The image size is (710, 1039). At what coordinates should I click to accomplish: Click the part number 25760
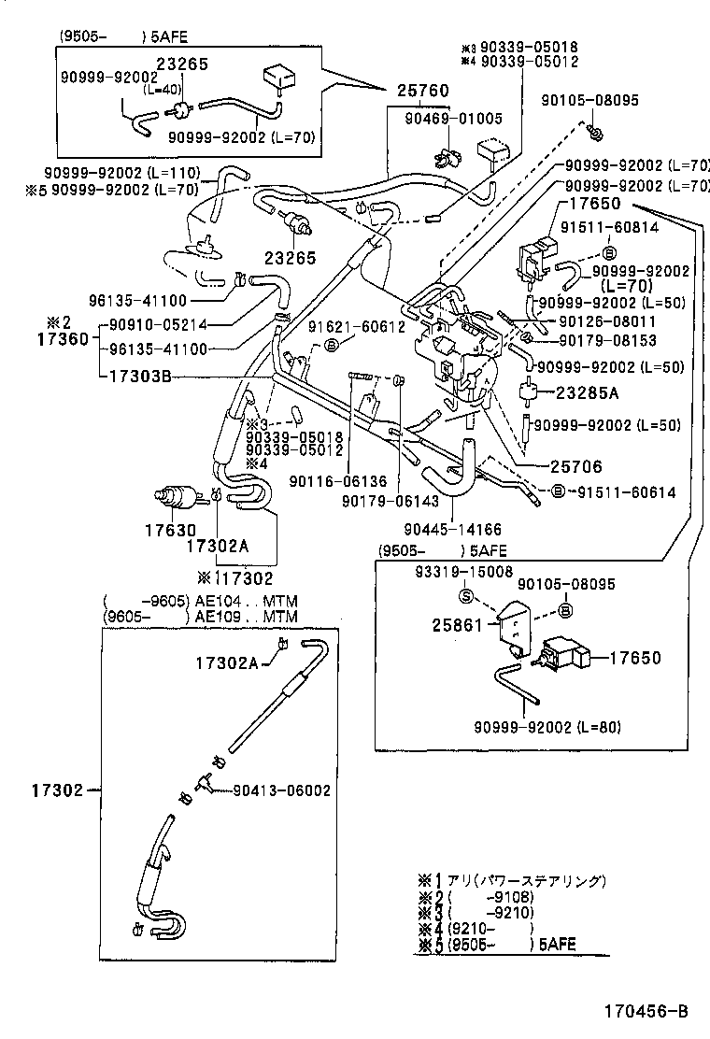[x=422, y=92]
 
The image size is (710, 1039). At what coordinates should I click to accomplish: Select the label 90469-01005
[x=454, y=119]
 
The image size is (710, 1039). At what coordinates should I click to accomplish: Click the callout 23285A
[x=592, y=393]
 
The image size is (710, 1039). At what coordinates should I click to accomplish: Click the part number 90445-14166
[x=453, y=529]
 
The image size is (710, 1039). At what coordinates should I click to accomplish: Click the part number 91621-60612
[x=357, y=326]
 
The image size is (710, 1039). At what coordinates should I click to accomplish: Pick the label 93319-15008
[x=464, y=570]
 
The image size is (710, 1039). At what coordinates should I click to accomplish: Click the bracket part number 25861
[x=456, y=621]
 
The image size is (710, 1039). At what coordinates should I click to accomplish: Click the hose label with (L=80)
[x=547, y=727]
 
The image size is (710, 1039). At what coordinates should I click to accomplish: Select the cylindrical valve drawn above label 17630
[x=175, y=497]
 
